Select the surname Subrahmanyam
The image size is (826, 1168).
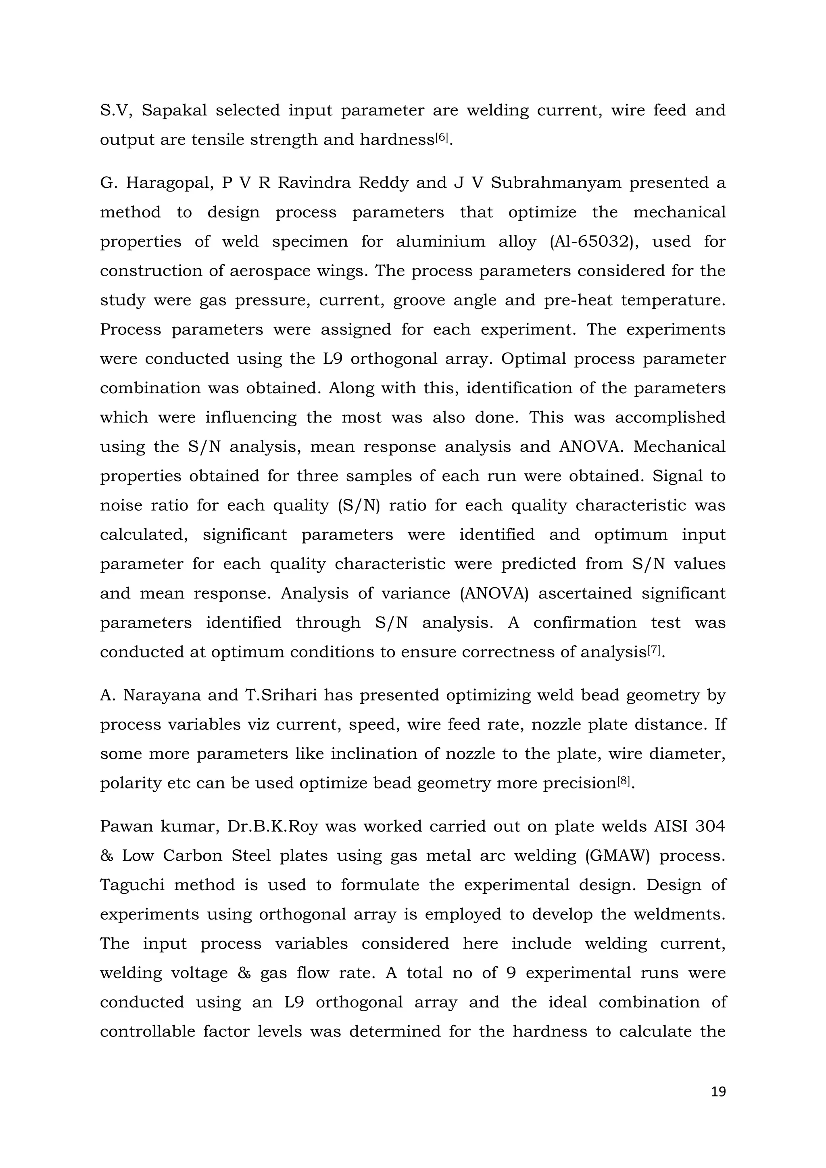[556, 183]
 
